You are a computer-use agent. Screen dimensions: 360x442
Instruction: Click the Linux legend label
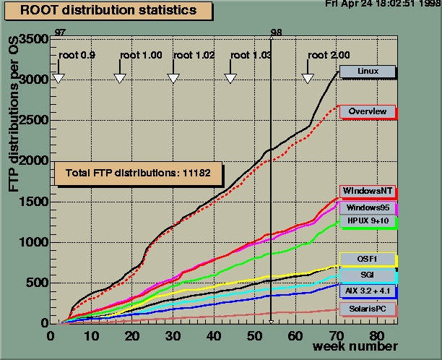coord(368,72)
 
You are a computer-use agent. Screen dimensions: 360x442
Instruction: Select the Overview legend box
coord(368,111)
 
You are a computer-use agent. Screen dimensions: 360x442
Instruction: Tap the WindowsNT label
coord(368,191)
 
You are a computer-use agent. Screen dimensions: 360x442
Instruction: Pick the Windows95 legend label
coord(368,207)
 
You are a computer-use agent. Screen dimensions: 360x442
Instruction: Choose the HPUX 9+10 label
coord(368,220)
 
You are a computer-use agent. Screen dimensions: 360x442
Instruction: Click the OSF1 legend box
coord(368,259)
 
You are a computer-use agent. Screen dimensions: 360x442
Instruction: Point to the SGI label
coord(368,275)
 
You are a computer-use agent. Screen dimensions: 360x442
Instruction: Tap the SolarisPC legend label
coord(368,309)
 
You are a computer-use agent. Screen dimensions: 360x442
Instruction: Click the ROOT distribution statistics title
coord(108,11)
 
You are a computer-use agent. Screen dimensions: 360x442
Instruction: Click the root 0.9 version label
coord(76,55)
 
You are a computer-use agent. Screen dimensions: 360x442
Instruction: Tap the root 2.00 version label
coord(329,55)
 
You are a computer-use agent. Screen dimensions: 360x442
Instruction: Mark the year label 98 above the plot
coord(276,33)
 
